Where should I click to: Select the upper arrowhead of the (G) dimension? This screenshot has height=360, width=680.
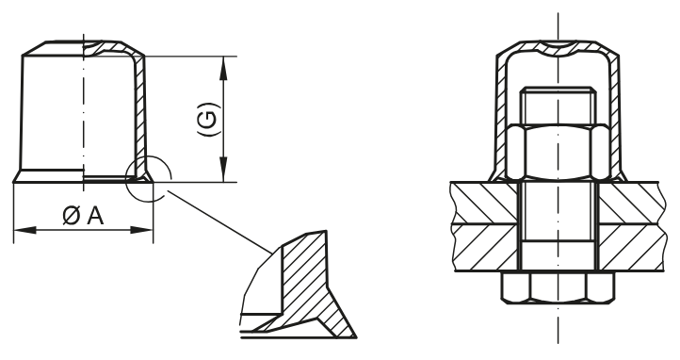223,63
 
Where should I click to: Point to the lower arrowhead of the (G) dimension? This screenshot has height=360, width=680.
223,173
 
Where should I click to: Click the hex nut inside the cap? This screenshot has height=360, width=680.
559,151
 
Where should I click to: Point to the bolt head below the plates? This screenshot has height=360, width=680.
559,288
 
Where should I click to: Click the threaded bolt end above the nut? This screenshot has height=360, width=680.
559,106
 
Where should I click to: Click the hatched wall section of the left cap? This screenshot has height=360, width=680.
138,113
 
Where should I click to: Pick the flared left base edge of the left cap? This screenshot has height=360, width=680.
19,174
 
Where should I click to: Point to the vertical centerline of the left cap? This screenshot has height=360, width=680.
83,113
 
